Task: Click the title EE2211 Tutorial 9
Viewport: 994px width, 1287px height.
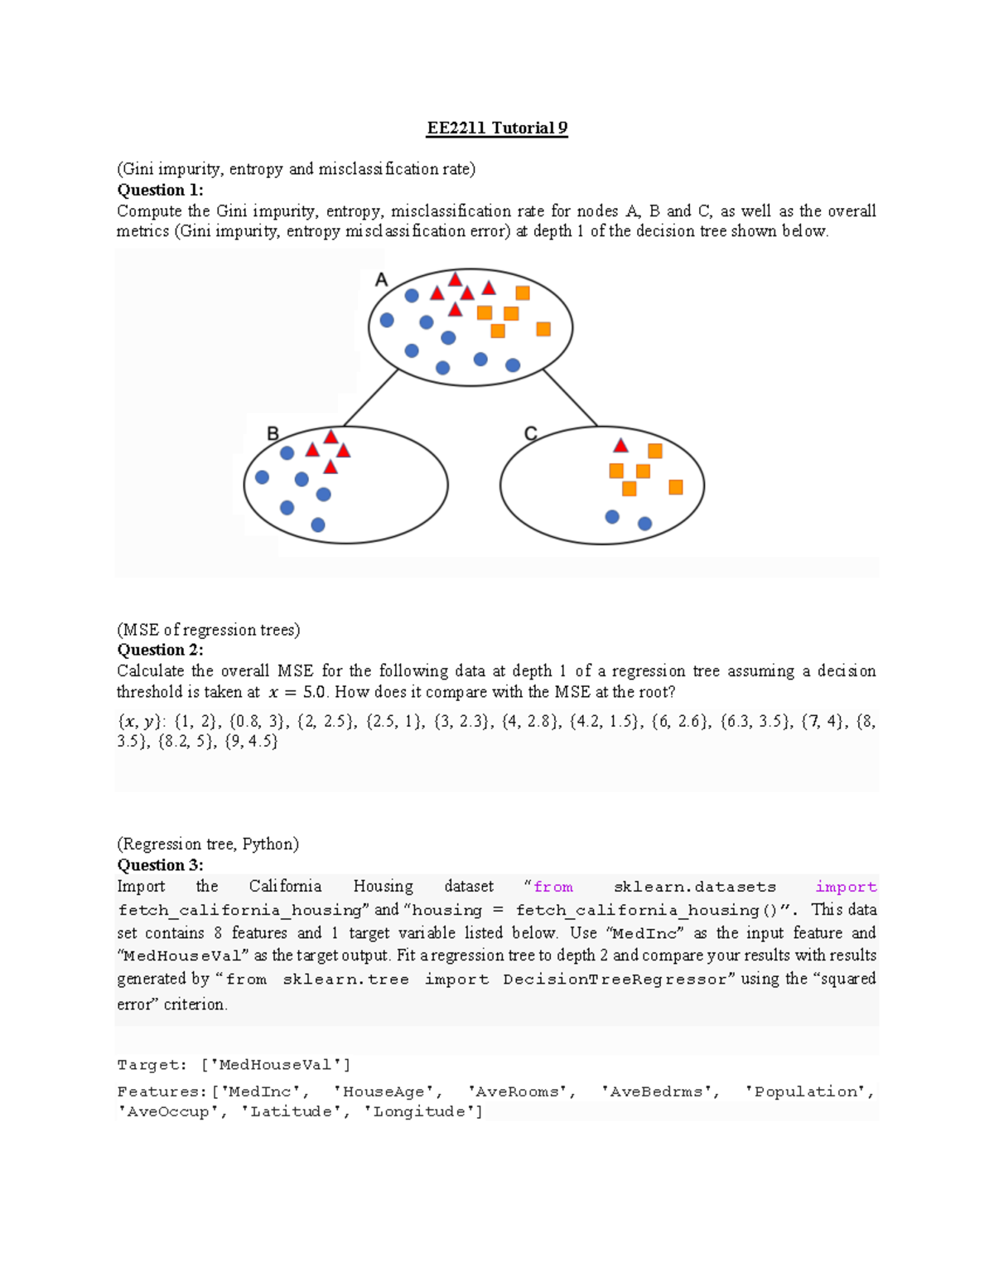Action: tap(497, 128)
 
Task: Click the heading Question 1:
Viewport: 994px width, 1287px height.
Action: tap(160, 190)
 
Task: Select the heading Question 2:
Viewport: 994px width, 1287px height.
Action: tap(160, 650)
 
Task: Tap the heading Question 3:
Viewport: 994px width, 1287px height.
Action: tap(160, 864)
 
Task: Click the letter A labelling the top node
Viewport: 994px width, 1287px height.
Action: tap(381, 280)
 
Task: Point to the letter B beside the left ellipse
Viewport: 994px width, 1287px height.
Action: tap(273, 433)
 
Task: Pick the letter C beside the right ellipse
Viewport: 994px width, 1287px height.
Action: tap(531, 433)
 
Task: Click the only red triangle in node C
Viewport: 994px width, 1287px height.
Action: tap(620, 446)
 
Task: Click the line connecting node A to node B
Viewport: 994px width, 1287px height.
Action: tap(370, 398)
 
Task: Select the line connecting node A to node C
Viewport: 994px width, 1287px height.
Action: tap(570, 398)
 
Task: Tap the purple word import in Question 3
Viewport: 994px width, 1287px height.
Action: tap(845, 887)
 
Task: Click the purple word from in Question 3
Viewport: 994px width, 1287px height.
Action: tap(553, 887)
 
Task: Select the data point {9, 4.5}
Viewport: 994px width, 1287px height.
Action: tap(251, 741)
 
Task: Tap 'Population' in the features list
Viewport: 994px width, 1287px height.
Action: tap(808, 1091)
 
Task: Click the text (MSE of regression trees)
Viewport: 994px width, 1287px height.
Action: tap(208, 630)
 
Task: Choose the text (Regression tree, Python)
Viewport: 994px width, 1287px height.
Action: tap(208, 844)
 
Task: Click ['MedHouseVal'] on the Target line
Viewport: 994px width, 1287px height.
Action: tap(276, 1064)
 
